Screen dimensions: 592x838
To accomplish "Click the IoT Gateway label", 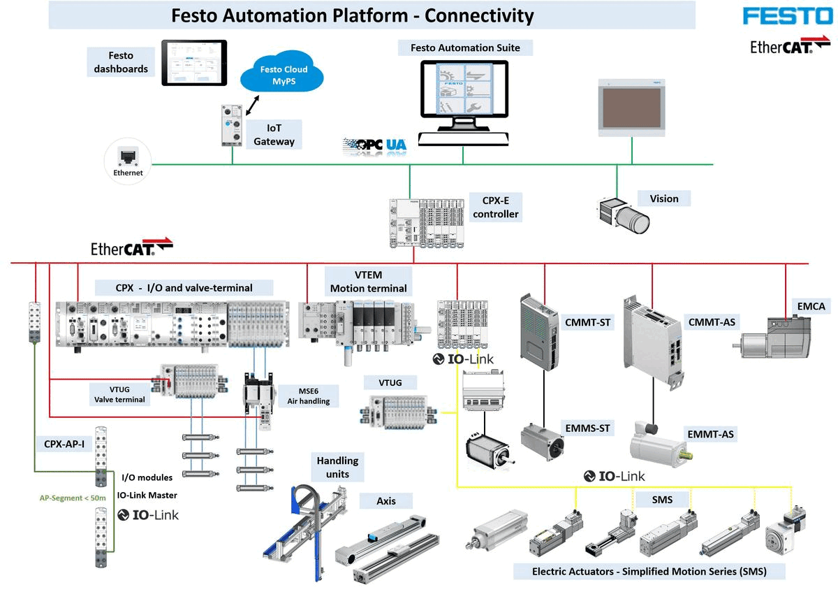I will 274,135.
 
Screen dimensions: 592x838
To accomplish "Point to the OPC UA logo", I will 374,146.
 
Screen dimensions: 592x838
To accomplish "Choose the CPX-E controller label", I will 495,208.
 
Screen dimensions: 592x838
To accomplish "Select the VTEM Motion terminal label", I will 368,282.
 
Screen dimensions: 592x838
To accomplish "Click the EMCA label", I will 811,305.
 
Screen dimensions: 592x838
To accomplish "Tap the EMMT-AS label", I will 710,434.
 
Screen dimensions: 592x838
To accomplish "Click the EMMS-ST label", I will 587,427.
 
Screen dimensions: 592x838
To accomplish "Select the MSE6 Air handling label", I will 308,395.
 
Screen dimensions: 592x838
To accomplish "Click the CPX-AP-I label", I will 64,443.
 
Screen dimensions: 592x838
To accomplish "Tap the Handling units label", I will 337,467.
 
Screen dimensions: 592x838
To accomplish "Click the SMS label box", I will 662,499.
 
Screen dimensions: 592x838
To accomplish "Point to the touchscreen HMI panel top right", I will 633,107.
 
